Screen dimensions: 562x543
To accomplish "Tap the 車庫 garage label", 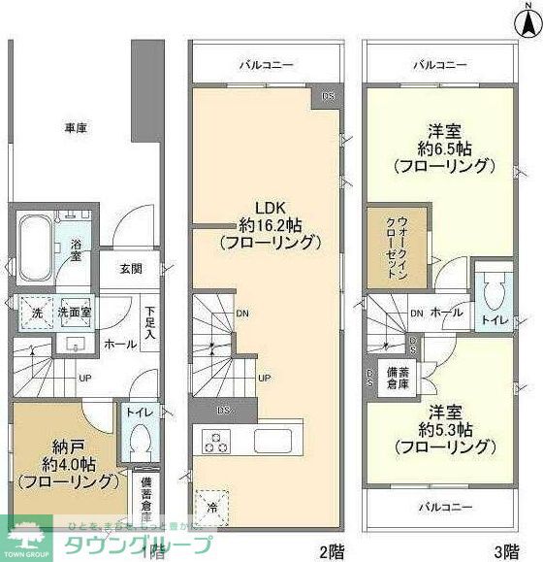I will (78, 127).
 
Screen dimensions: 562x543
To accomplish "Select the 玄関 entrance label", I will (132, 269).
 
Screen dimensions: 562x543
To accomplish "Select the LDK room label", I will (269, 207).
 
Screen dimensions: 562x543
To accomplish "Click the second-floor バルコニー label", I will (267, 66).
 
